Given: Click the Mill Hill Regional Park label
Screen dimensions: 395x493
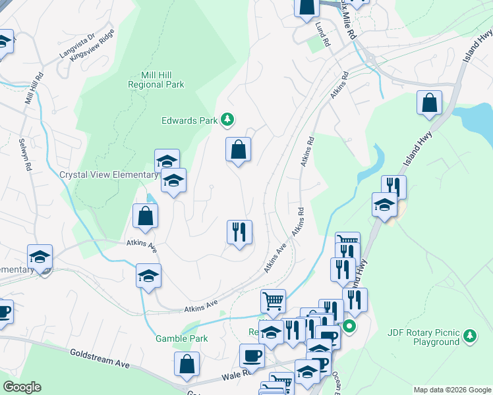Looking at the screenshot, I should [x=156, y=80].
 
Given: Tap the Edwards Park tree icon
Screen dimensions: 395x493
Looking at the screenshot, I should [x=227, y=119].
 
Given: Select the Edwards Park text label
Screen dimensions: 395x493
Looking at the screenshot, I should [x=189, y=120].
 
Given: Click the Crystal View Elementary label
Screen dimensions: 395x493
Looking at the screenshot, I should [x=108, y=175].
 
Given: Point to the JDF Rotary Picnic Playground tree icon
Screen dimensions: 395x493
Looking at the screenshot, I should [x=469, y=336].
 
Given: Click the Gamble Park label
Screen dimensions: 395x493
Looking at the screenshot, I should [x=181, y=338].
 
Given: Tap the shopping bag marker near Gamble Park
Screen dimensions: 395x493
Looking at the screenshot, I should [x=187, y=365].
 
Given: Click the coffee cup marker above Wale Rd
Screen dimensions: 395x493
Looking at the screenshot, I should [x=252, y=356].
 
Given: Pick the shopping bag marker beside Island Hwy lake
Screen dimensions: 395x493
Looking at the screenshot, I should [x=429, y=103].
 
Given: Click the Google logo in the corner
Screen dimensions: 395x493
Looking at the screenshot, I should [x=22, y=387].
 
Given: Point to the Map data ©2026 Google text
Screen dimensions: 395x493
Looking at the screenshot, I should [x=452, y=390].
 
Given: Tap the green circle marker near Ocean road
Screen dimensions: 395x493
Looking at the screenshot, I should [x=350, y=326].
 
